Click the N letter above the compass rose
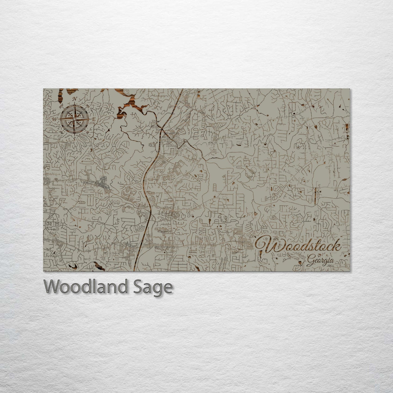click(75, 98)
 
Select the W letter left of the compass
click(54, 119)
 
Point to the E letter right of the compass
click(94, 119)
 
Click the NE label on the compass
click(88, 106)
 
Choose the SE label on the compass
click(88, 133)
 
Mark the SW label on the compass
click(61, 132)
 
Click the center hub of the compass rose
click(74, 118)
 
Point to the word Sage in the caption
click(156, 287)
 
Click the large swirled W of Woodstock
click(268, 246)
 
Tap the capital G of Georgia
click(310, 262)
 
